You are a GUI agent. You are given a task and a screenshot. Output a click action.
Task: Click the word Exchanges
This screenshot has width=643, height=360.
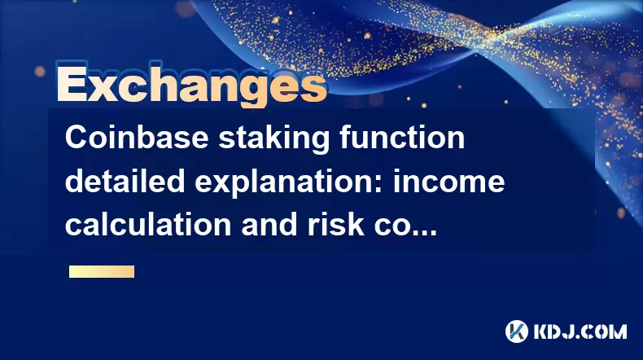click(x=191, y=84)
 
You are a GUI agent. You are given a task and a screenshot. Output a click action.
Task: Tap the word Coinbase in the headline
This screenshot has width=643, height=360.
click(x=137, y=138)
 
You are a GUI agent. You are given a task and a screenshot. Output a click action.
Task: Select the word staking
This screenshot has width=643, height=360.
click(x=273, y=139)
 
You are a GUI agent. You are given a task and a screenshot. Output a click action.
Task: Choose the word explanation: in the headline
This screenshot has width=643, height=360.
click(x=289, y=183)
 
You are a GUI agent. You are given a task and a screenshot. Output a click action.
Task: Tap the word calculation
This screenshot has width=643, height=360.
click(x=148, y=225)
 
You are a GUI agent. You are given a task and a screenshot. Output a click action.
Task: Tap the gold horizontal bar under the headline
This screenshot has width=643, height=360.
click(x=102, y=272)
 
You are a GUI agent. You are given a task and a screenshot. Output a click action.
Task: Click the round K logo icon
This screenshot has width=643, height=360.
click(x=516, y=331)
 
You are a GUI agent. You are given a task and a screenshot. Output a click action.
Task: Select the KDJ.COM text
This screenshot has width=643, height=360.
click(x=580, y=331)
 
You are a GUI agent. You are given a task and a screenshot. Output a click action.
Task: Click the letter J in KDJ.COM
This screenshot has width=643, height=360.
click(x=571, y=331)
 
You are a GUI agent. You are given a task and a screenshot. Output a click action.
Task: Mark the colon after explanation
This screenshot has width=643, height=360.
click(x=380, y=186)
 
